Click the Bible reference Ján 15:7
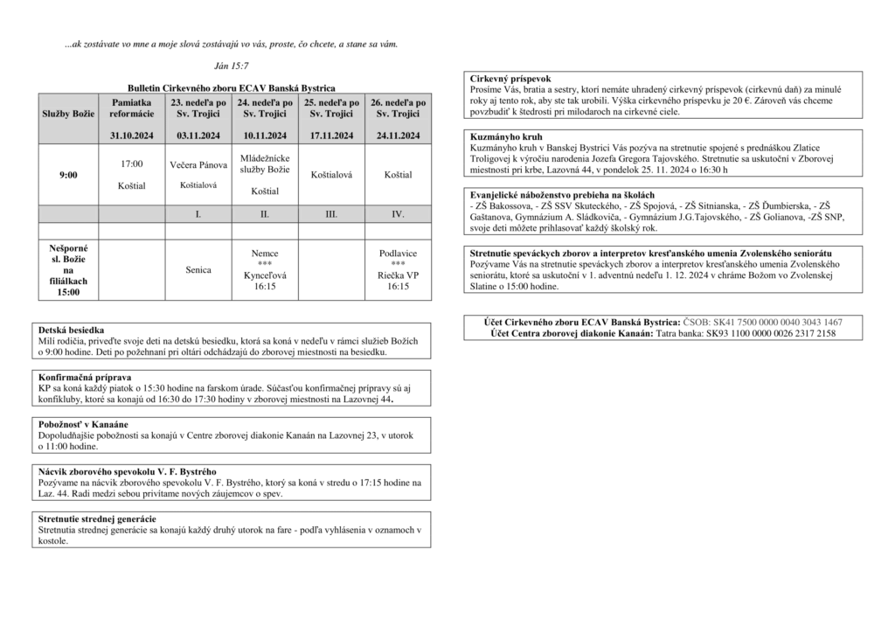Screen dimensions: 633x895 coord(231,66)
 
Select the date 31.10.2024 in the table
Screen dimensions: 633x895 coord(132,136)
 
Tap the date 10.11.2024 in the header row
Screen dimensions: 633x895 coord(265,136)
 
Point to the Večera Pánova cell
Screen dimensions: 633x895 coord(198,164)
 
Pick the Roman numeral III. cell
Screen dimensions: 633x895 coord(331,213)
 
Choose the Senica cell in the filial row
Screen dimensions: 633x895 coord(198,270)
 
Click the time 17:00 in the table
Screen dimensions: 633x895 coord(132,163)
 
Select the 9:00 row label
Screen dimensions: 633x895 coord(68,175)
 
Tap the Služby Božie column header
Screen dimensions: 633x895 coord(68,114)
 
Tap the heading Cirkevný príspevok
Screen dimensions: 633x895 coord(510,79)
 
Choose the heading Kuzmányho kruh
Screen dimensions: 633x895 coord(505,137)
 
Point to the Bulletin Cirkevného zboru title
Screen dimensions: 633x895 coord(232,88)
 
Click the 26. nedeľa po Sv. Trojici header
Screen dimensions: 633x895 coord(398,108)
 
